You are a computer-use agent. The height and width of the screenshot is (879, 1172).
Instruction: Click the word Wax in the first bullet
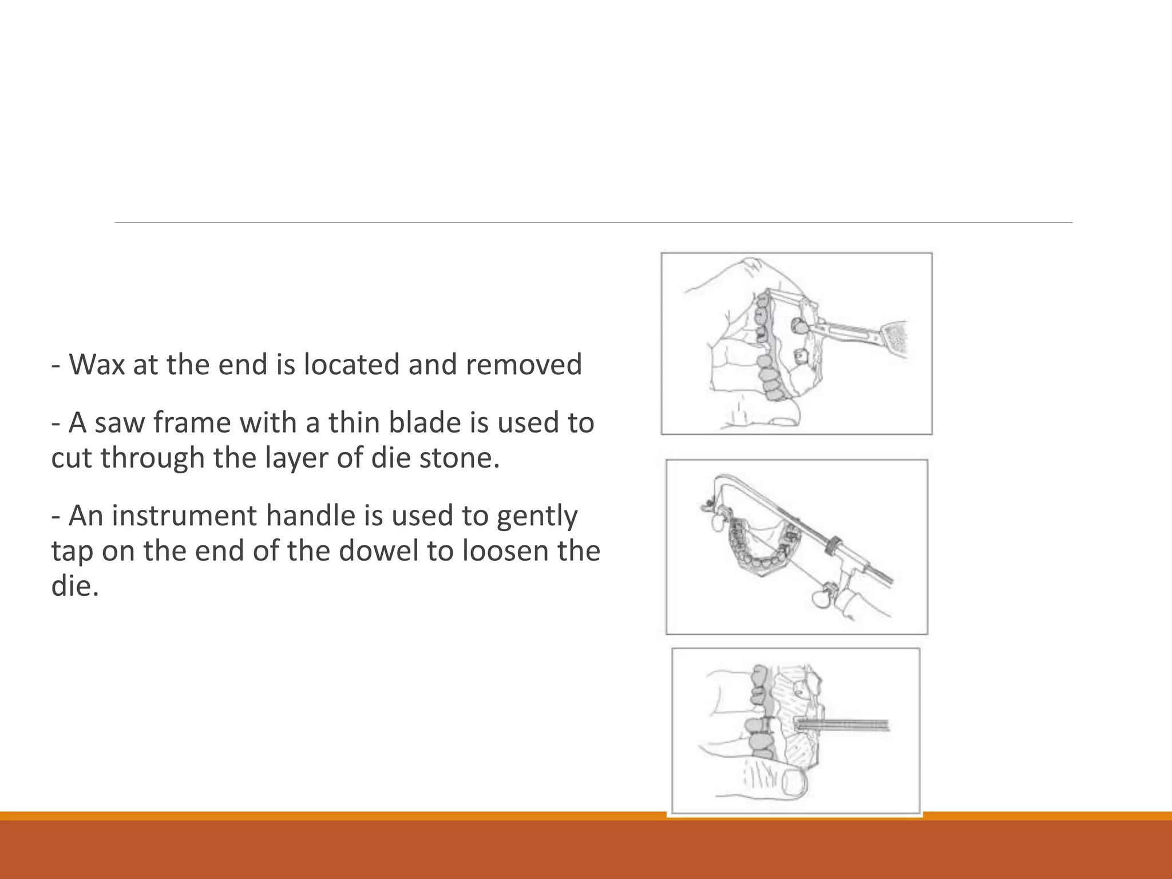97,365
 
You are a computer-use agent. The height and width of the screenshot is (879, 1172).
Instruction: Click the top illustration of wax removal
796,343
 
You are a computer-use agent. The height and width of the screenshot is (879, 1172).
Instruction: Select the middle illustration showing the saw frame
797,547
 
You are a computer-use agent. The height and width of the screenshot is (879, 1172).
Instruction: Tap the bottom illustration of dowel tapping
795,730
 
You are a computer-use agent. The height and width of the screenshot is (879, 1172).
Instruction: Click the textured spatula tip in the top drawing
896,340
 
